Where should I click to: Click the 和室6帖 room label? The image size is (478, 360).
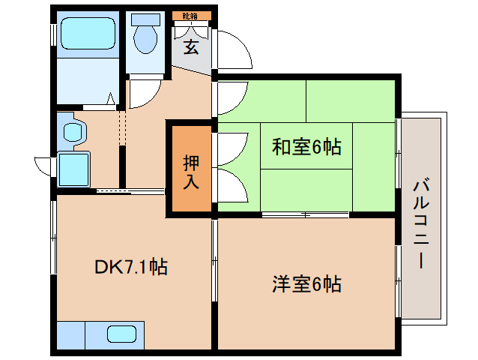306,147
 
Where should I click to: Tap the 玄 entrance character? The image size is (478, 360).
191,47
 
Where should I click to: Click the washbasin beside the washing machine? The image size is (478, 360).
73,132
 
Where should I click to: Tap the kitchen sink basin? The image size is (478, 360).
121,334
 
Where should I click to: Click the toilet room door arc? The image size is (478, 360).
142,93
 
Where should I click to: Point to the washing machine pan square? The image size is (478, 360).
73,169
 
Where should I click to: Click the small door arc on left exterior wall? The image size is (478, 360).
43,164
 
